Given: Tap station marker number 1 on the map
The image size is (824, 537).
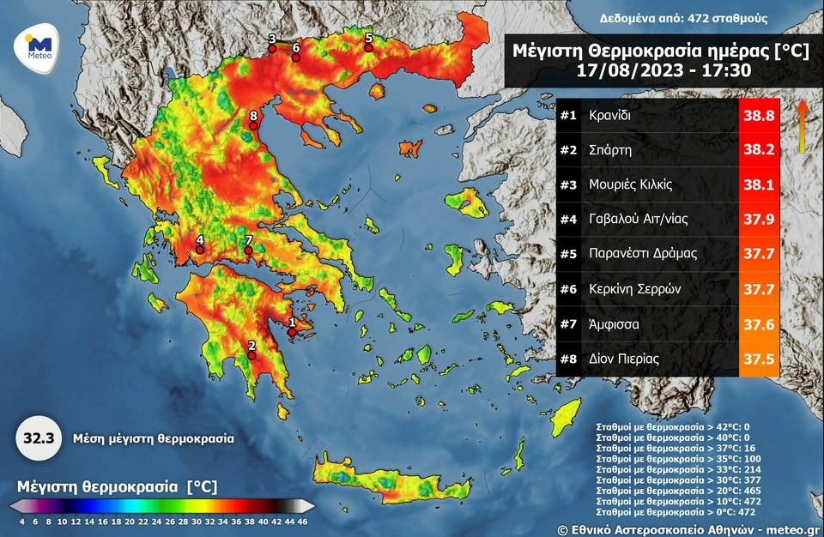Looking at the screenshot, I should (x=292, y=331).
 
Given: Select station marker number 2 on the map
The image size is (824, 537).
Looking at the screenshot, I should (x=251, y=355).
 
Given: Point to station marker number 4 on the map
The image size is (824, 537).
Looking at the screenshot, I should (x=200, y=250).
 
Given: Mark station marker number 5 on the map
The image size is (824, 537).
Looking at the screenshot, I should (x=369, y=47).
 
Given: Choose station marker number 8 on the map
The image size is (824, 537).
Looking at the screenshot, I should (x=253, y=125).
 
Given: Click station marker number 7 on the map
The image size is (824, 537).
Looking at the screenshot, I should (x=249, y=250).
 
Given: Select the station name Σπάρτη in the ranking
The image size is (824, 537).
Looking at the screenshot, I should (x=610, y=150).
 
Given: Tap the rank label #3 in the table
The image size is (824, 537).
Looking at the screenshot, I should (x=567, y=184).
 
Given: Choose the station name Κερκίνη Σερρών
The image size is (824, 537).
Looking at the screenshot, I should (x=635, y=289).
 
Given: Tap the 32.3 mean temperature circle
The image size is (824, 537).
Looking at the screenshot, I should (x=38, y=437).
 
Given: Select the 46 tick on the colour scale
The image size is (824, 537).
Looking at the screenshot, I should (x=302, y=520).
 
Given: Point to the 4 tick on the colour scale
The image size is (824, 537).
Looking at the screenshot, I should (x=21, y=520).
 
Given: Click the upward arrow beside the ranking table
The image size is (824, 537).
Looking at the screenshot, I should (x=802, y=124).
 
